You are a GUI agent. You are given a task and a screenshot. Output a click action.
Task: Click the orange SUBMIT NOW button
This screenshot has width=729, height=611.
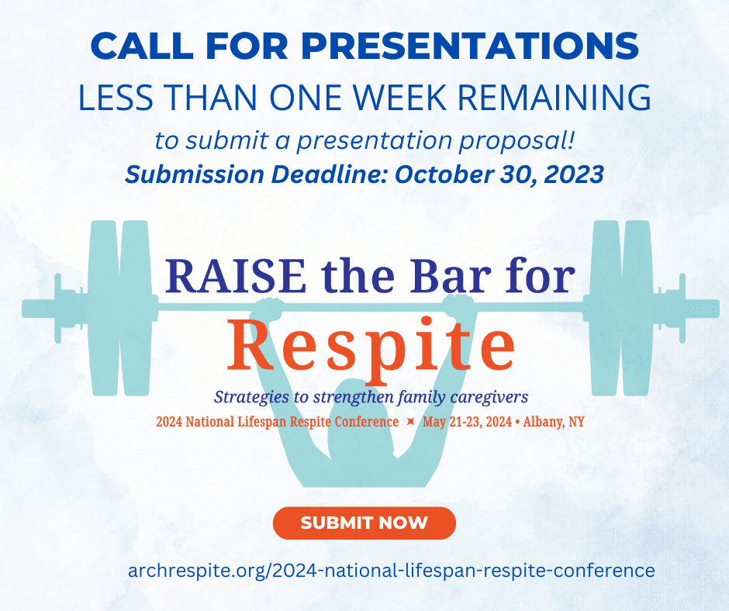[x=364, y=523]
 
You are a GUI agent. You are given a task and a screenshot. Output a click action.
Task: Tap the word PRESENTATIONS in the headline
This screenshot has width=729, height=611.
[x=469, y=46]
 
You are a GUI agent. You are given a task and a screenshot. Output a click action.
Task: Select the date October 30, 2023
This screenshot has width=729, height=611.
[x=499, y=174]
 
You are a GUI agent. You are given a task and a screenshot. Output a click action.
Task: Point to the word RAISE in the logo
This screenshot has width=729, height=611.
[x=236, y=276]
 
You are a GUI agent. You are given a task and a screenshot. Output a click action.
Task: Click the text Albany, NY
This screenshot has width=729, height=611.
[x=554, y=422]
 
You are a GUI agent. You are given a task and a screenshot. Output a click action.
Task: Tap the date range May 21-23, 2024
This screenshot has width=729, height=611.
[x=467, y=422]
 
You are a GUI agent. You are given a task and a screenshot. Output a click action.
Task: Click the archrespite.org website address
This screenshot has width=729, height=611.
[x=392, y=570]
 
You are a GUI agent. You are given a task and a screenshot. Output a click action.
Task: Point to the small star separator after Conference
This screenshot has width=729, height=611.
[x=410, y=422]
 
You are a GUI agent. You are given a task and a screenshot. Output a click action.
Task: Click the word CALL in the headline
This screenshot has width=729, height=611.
[x=142, y=46]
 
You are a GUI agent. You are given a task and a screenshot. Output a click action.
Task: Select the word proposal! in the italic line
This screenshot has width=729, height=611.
[x=517, y=141]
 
